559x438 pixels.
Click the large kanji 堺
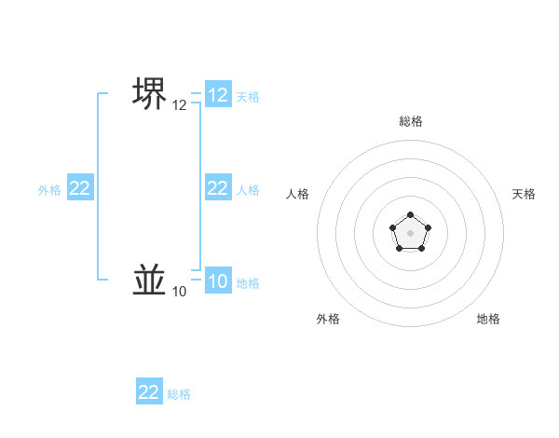[150, 92]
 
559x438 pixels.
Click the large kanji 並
[150, 279]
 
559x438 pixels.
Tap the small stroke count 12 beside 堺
[179, 105]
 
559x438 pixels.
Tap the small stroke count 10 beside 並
[179, 292]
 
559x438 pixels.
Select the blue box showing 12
[218, 95]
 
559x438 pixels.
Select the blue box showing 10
[218, 281]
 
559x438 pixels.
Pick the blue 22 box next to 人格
[218, 188]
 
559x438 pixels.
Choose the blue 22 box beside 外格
[80, 188]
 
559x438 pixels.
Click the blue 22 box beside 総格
[149, 392]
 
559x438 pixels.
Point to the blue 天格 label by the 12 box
[248, 97]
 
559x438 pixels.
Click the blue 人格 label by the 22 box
[248, 190]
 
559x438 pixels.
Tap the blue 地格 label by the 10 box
[248, 283]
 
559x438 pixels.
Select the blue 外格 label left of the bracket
[49, 190]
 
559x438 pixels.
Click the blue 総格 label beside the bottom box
[179, 394]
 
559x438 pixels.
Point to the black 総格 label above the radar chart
[410, 121]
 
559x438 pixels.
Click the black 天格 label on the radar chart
[524, 194]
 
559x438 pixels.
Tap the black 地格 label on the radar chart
[488, 319]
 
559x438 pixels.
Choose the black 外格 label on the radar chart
[328, 319]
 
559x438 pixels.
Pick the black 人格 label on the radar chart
[297, 194]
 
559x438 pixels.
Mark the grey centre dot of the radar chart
[410, 232]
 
